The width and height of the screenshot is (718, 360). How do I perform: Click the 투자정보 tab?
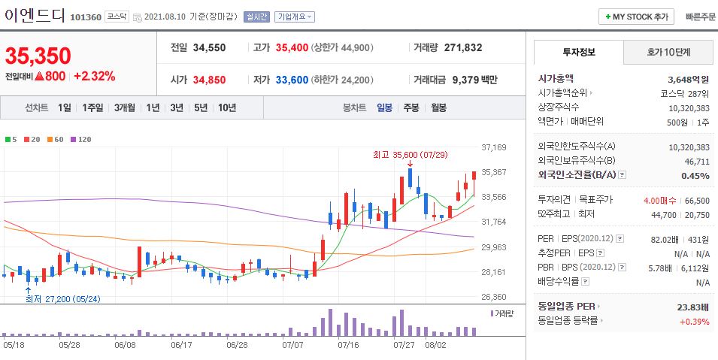pyautogui.click(x=578, y=53)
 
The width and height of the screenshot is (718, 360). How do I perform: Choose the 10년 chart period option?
pyautogui.click(x=226, y=107)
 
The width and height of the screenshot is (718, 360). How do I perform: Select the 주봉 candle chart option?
pyautogui.click(x=411, y=107)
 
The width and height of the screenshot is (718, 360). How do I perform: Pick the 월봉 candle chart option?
pyautogui.click(x=438, y=107)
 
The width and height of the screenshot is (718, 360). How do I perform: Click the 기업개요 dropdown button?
pyautogui.click(x=295, y=17)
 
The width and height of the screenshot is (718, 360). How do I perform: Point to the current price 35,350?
pyautogui.click(x=38, y=56)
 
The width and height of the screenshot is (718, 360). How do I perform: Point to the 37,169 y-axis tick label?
pyautogui.click(x=493, y=147)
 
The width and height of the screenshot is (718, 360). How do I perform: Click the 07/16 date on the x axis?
pyautogui.click(x=348, y=345)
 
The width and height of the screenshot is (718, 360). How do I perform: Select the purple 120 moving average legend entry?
pyautogui.click(x=82, y=139)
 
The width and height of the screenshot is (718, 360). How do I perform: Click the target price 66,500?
pyautogui.click(x=698, y=201)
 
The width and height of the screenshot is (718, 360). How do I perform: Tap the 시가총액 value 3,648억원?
pyautogui.click(x=689, y=79)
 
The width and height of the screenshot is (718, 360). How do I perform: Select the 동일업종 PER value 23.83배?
pyautogui.click(x=693, y=307)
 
